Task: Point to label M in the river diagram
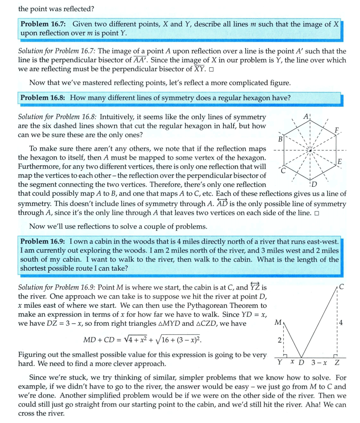tap(278, 322)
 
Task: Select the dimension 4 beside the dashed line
tap(342, 322)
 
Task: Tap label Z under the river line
tap(337, 363)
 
